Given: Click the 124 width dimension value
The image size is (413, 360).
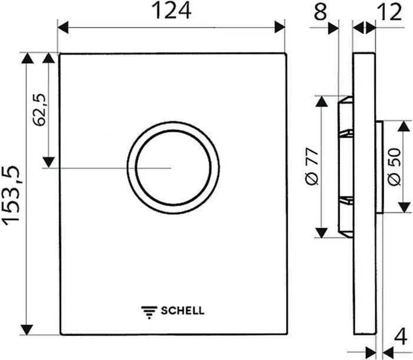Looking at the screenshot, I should (x=172, y=11).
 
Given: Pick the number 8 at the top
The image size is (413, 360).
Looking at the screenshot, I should (x=319, y=12).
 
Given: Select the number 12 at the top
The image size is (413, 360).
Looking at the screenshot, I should (x=388, y=12).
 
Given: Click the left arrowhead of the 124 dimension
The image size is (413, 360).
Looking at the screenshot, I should (x=64, y=27).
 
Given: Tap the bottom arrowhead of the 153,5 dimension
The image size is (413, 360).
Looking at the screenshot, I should (x=27, y=329).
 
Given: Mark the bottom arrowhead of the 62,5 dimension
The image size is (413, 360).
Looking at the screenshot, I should (x=49, y=161).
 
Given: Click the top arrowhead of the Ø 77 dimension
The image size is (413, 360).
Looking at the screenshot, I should (x=321, y=102).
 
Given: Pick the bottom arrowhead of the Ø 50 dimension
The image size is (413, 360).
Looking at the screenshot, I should (x=404, y=206).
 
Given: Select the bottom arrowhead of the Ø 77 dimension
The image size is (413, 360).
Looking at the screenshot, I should (x=321, y=232).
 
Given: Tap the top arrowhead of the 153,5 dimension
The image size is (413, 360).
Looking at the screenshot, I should (x=27, y=58).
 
